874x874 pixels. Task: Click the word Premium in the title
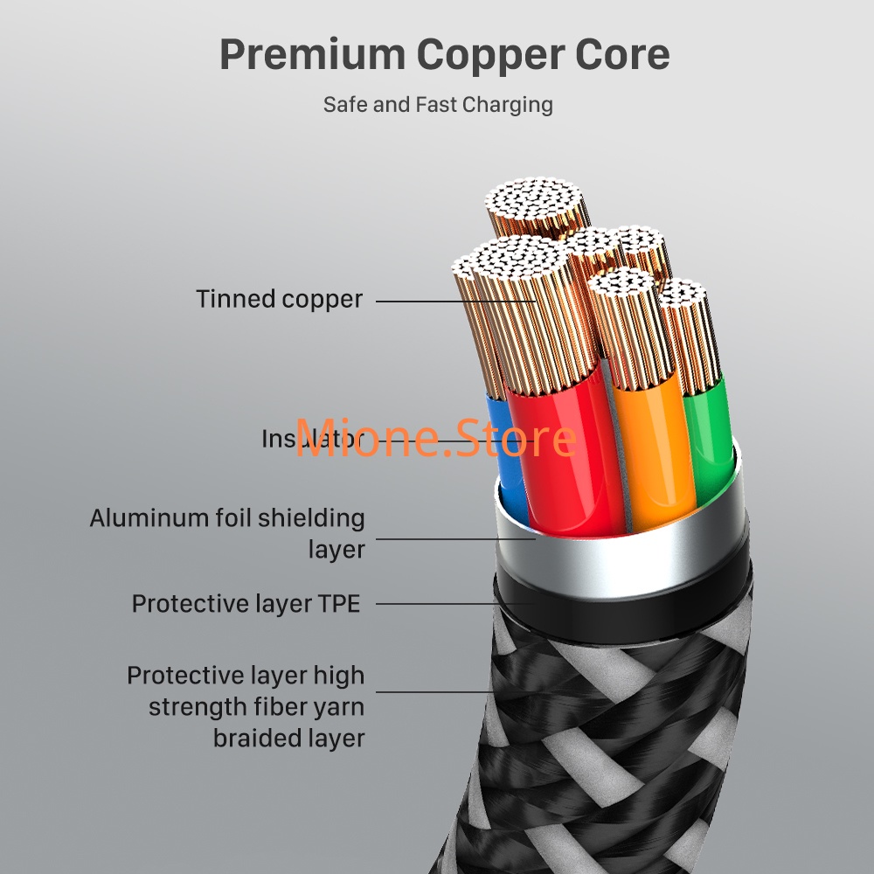311,54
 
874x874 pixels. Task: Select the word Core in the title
628,54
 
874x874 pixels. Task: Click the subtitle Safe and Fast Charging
438,104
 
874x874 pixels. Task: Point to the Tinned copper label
279,299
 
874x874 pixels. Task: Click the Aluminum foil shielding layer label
227,533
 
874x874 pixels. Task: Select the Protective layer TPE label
246,604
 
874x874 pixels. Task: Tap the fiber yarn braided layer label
246,706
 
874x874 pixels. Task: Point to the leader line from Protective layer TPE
437,603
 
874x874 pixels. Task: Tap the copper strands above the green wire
693,332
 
